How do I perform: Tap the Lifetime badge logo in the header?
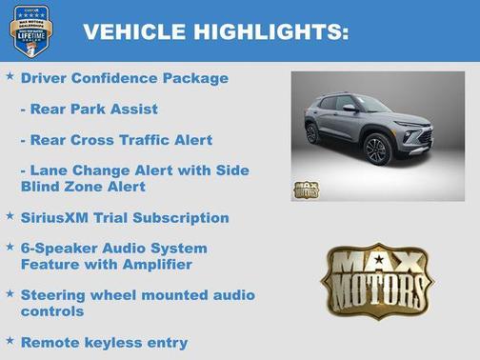(x=30, y=30)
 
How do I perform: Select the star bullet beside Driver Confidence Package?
(x=10, y=75)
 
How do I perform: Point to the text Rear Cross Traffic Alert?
(x=115, y=140)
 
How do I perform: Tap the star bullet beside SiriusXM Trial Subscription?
(x=10, y=216)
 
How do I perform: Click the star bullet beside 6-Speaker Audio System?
(x=10, y=246)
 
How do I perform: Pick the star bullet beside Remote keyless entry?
(x=10, y=340)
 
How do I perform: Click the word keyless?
(x=116, y=342)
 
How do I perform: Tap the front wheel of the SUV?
(x=376, y=150)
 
